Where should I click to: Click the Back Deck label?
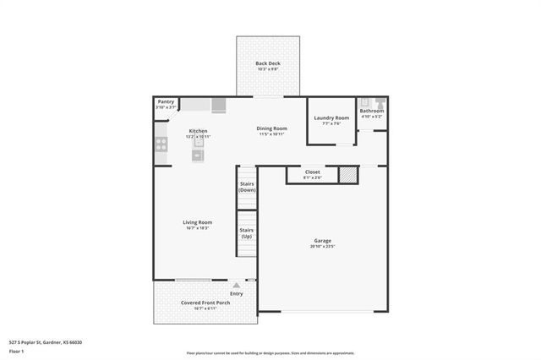click(x=268, y=63)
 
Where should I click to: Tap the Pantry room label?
click(x=166, y=101)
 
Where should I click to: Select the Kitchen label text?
click(x=198, y=131)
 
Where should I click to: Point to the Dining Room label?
click(x=272, y=128)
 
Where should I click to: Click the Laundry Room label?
click(x=331, y=118)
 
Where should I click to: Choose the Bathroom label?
click(x=372, y=111)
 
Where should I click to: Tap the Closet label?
click(x=313, y=172)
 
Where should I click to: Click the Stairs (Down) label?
click(x=247, y=186)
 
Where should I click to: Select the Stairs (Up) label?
click(x=247, y=232)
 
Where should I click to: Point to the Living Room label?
click(x=197, y=222)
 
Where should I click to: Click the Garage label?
click(x=323, y=240)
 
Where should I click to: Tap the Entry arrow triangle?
click(x=237, y=286)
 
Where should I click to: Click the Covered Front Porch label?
click(x=205, y=303)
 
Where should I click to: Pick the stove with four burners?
click(x=160, y=145)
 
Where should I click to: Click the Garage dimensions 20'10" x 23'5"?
click(x=323, y=247)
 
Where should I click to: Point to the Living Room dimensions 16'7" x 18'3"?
click(x=197, y=228)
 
